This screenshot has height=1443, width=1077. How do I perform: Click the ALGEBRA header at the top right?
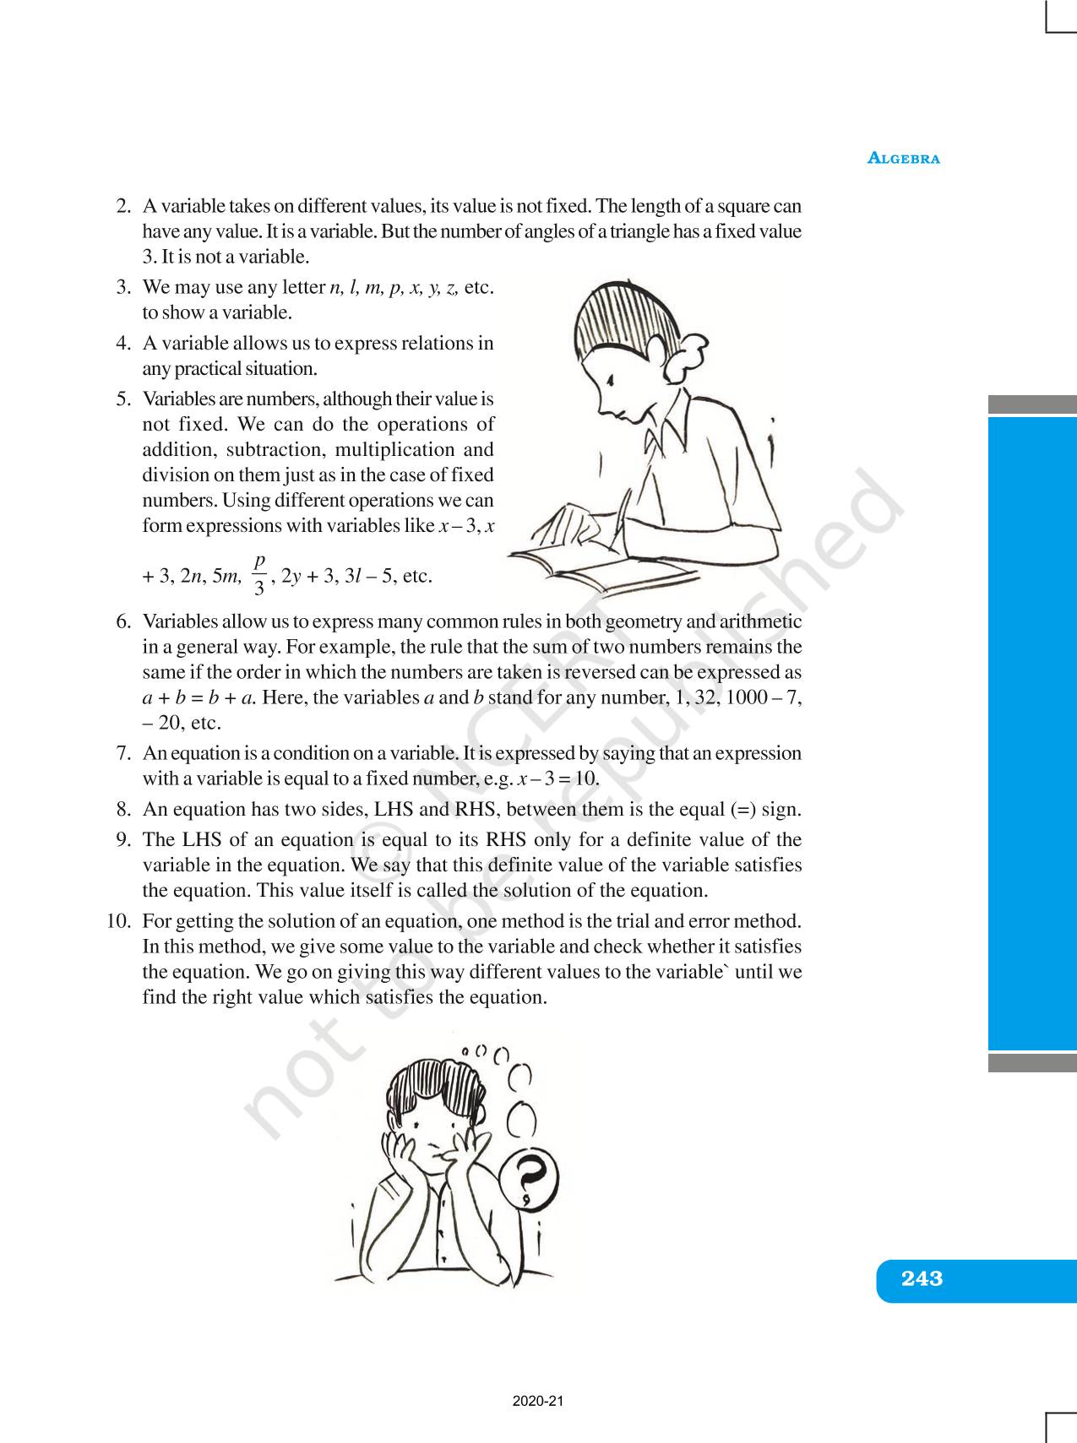tap(904, 158)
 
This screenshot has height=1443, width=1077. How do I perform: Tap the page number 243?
tap(922, 1278)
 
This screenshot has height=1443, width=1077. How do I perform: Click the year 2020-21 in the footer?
tap(537, 1402)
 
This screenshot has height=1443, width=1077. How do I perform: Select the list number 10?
tap(118, 920)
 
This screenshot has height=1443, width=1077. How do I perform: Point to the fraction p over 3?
tap(259, 574)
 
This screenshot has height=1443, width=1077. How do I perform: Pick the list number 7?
tap(123, 753)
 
